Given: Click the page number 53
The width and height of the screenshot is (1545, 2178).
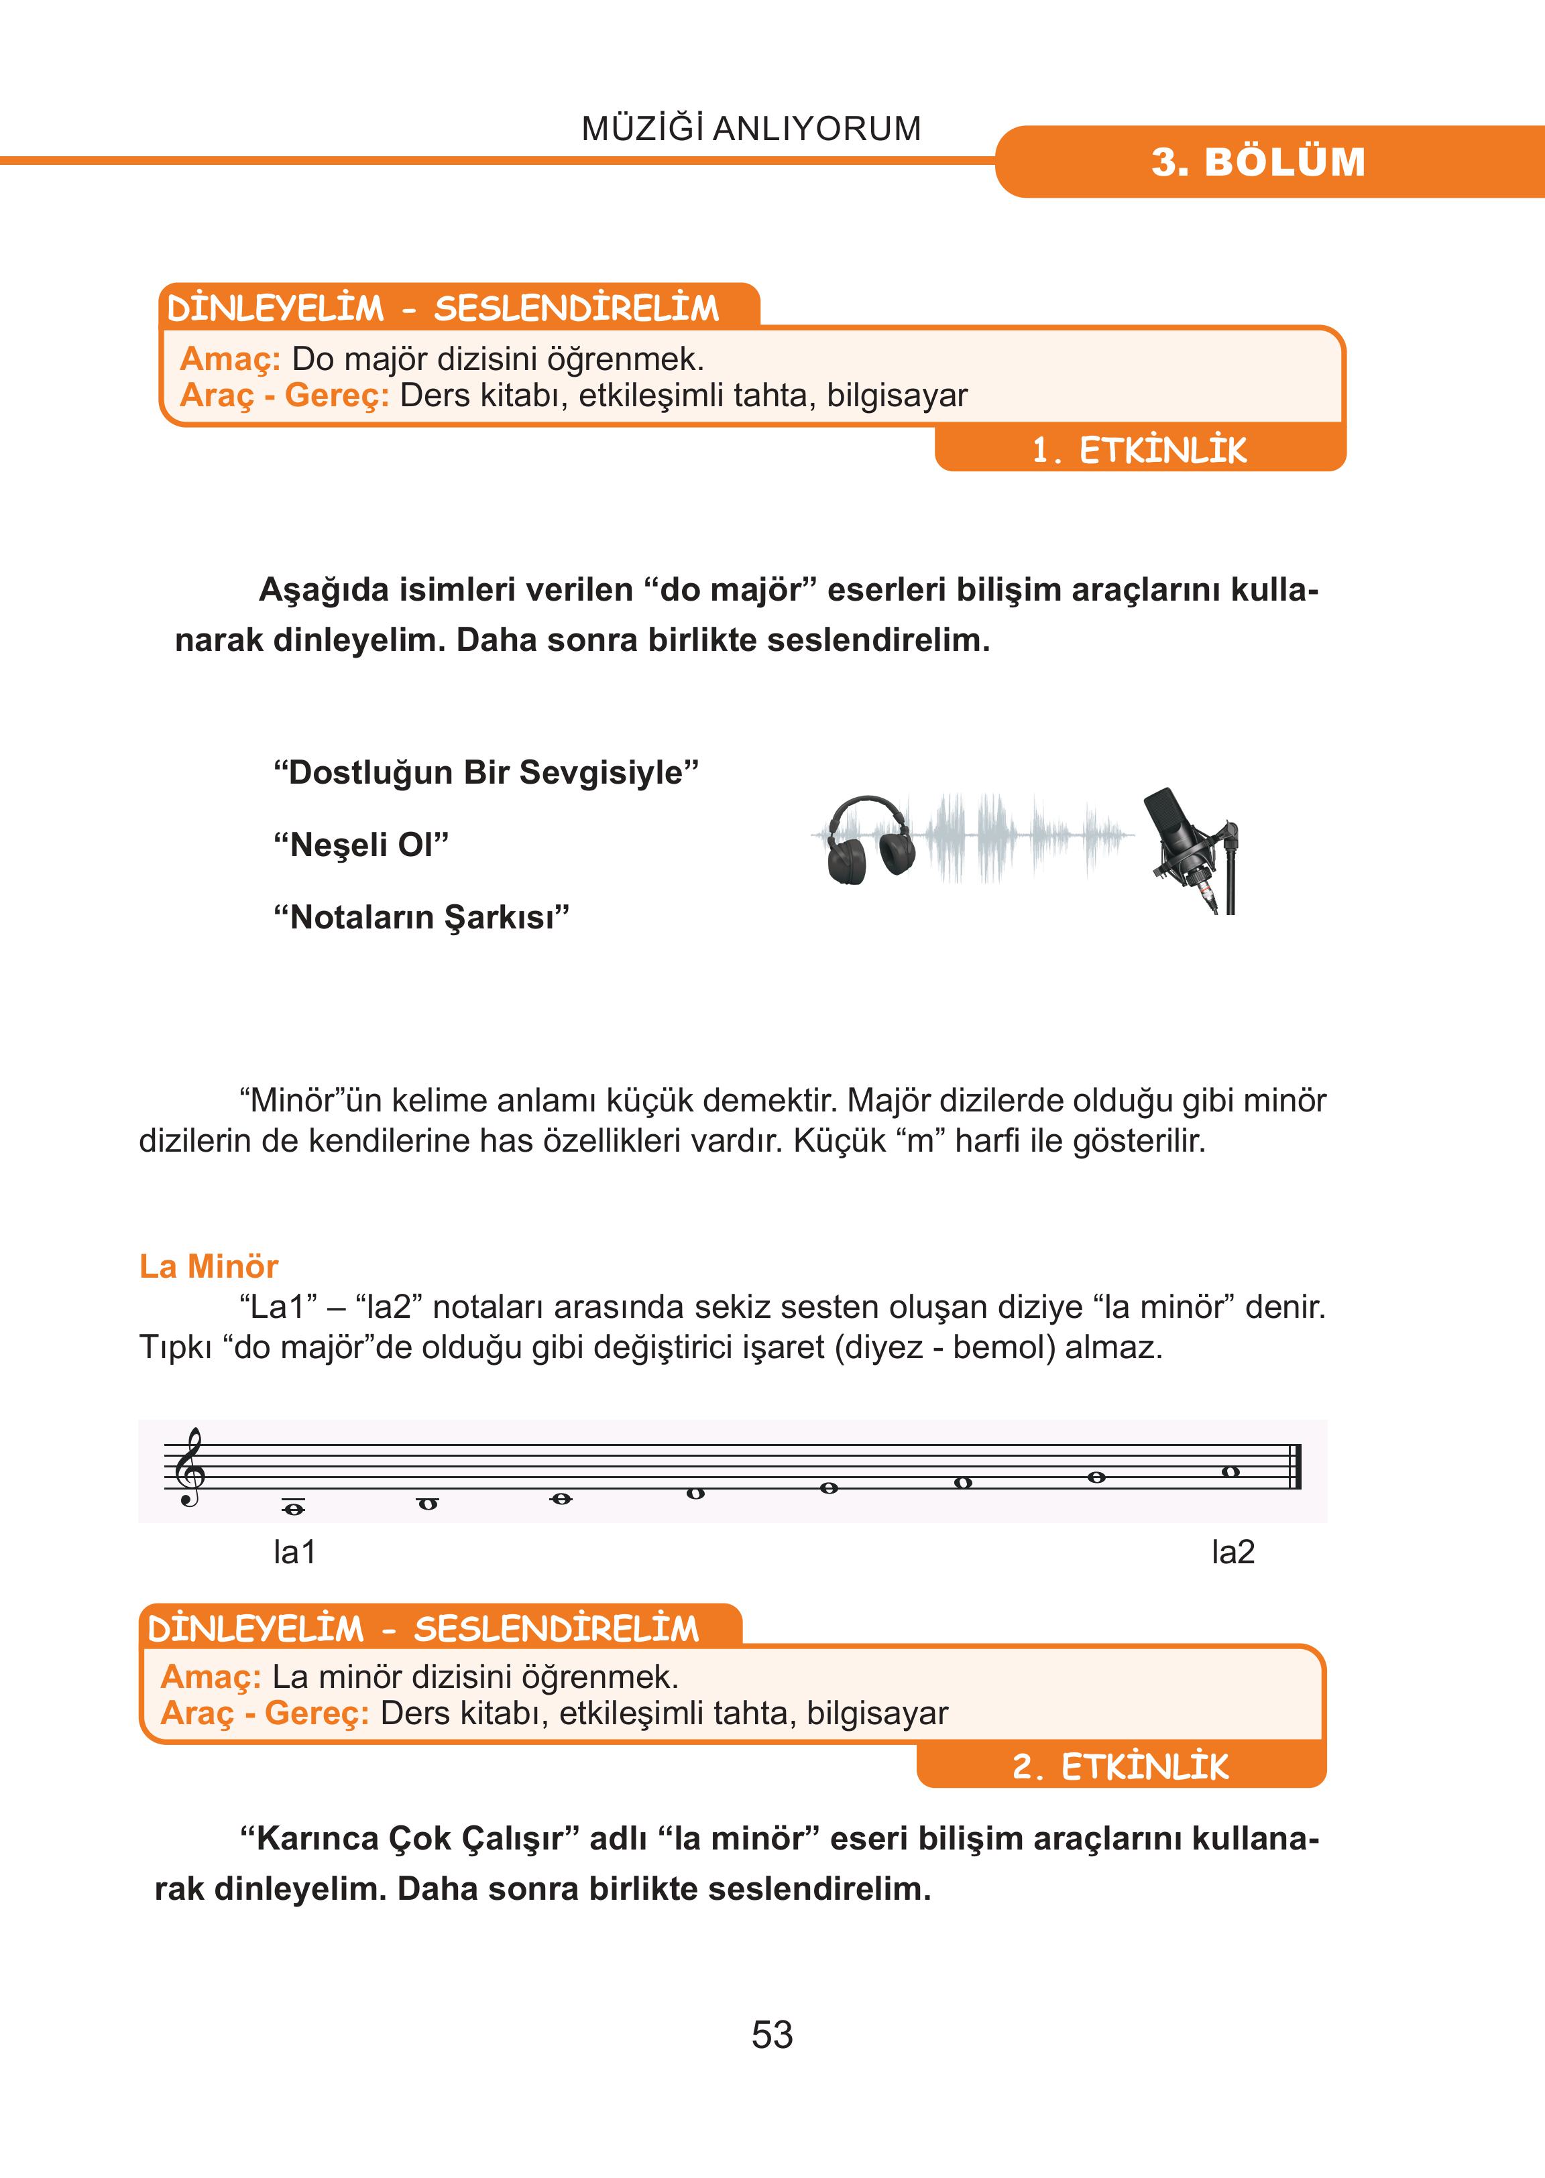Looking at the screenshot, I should [x=772, y=2035].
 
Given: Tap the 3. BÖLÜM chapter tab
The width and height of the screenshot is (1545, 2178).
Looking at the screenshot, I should [x=1258, y=162].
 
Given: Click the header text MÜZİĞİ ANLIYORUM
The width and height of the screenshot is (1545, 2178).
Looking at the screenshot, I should [x=750, y=129].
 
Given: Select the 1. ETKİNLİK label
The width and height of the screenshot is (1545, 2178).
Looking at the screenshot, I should [x=1139, y=450].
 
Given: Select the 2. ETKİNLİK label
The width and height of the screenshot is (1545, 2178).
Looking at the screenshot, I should [x=1120, y=1766].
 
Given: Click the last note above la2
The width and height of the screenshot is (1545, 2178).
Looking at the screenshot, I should [x=1230, y=1472].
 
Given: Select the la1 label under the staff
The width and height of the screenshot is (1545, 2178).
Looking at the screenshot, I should [x=294, y=1552].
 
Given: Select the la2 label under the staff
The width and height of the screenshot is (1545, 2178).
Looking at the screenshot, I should [x=1233, y=1552].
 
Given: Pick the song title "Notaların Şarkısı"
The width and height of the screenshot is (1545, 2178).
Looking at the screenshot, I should [x=420, y=917].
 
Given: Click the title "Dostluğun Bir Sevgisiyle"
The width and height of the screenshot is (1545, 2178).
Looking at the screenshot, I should [x=485, y=772].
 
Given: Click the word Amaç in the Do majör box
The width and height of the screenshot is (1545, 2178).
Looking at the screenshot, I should [x=229, y=359].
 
